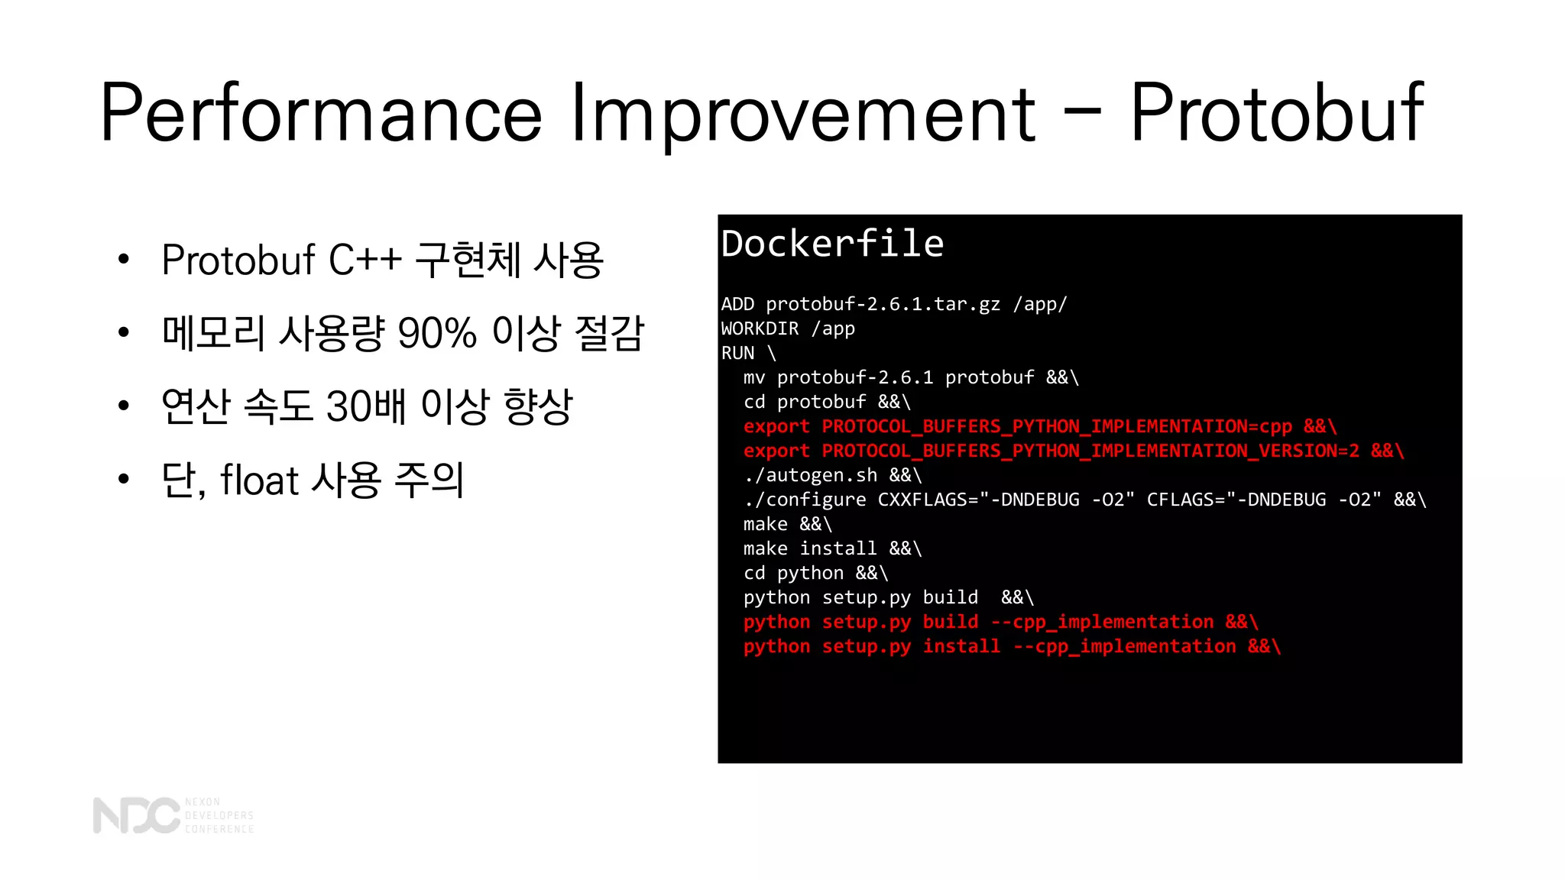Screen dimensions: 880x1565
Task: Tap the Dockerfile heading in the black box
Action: tap(832, 244)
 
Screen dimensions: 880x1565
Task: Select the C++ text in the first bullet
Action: tap(365, 260)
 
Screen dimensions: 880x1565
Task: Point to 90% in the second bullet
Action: tap(437, 334)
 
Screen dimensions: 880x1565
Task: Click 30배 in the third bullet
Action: tap(365, 407)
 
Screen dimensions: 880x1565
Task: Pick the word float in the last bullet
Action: tap(259, 480)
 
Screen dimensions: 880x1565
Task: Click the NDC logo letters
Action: tap(136, 816)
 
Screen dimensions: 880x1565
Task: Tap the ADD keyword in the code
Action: tap(737, 305)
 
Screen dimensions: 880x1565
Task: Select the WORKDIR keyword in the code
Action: tap(760, 329)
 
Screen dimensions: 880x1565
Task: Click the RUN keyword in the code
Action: tap(737, 354)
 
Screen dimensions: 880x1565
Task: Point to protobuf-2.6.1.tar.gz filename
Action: tap(883, 305)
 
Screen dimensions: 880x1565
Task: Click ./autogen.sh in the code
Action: tap(810, 476)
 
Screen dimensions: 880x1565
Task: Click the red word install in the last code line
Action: tap(961, 647)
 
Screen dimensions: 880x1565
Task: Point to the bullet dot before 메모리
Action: tap(124, 333)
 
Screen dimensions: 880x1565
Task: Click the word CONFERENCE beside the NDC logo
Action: tap(219, 830)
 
